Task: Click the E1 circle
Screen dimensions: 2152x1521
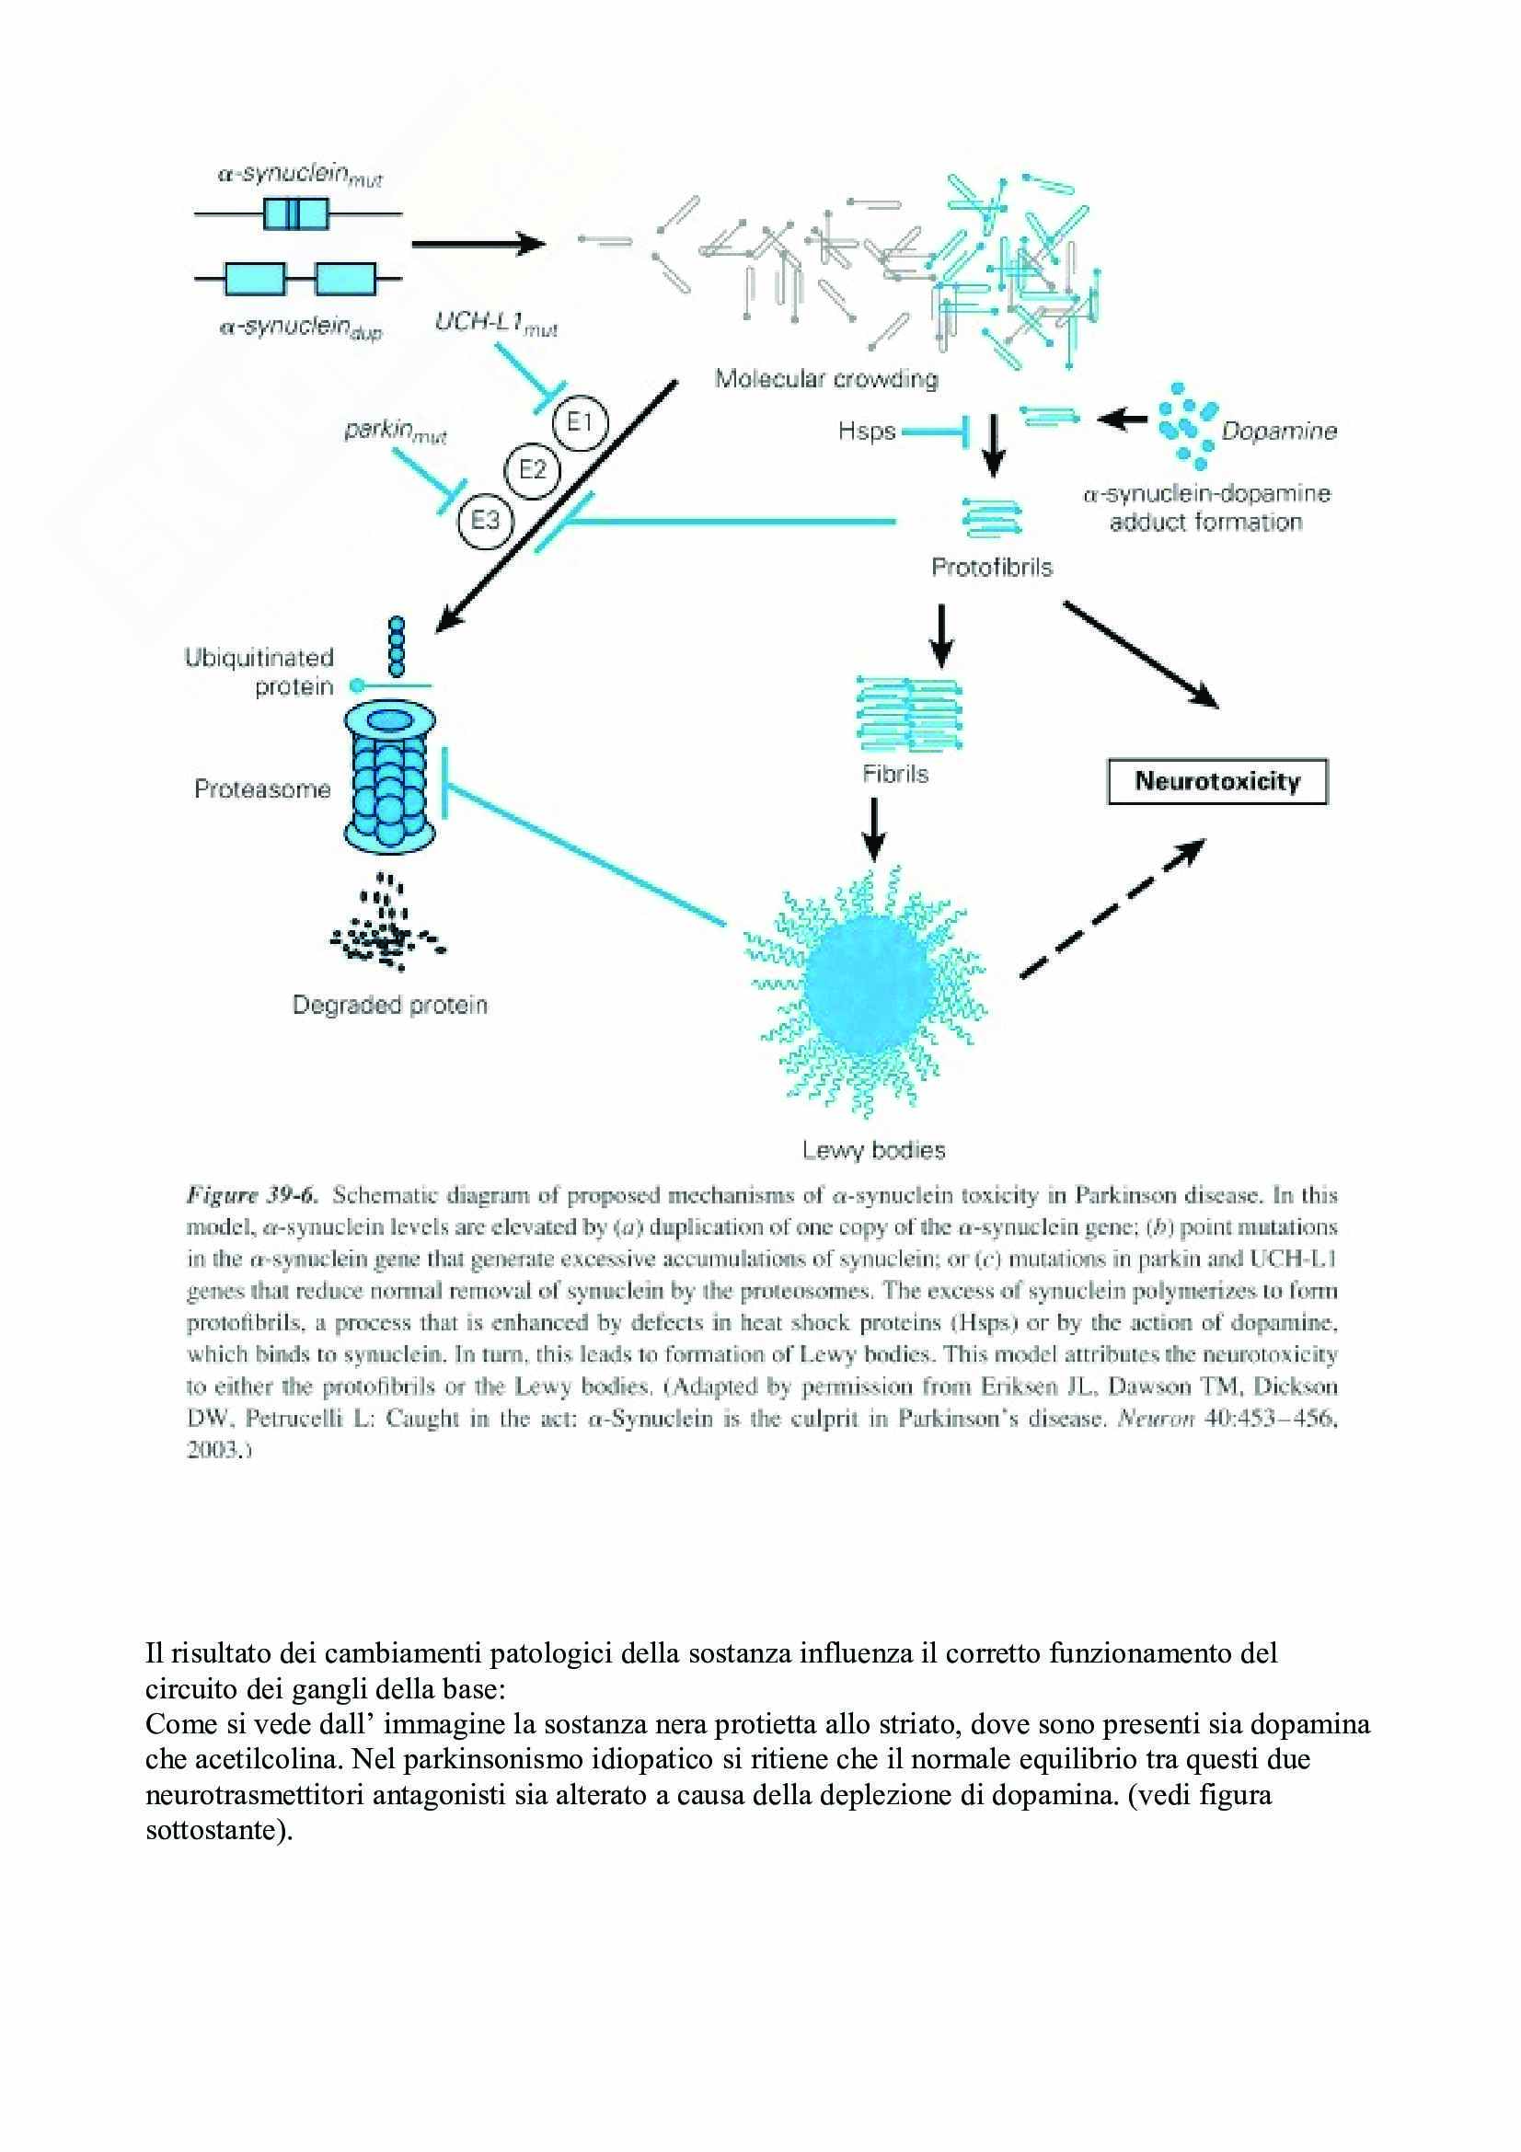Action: [580, 422]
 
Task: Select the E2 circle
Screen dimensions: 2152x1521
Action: [531, 468]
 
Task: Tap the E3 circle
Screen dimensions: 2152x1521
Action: [485, 518]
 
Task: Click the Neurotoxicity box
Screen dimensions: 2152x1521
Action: [1217, 782]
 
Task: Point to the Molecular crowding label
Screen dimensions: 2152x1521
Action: [825, 379]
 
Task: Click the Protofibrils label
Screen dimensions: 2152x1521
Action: [992, 567]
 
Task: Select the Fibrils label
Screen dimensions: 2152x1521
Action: [895, 774]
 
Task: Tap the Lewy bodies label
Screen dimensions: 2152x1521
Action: [873, 1150]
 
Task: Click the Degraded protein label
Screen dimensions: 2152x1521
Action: [390, 1005]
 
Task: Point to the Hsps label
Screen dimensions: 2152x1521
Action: [867, 432]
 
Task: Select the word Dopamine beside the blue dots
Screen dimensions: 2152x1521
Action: [1278, 432]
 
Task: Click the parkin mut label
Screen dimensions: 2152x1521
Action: [395, 432]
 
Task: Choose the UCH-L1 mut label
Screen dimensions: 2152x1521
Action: [496, 323]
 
